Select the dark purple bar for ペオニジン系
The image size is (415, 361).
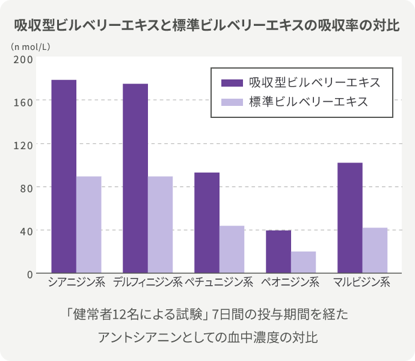[x=278, y=251]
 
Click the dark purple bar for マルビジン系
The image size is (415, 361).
[x=350, y=218]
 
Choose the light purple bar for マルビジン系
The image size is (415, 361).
[x=375, y=250]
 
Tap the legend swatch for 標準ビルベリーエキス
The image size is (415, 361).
[x=232, y=102]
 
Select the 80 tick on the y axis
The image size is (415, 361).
[x=25, y=187]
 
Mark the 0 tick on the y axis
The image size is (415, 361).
[x=28, y=274]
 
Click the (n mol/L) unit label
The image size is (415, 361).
[x=29, y=46]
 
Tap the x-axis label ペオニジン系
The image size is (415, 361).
[x=290, y=282]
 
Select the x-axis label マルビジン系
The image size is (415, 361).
[x=363, y=282]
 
